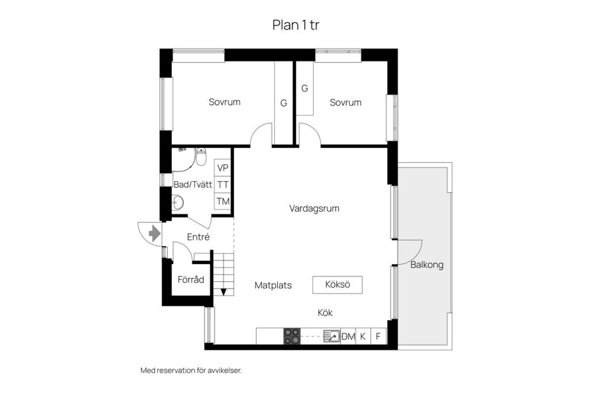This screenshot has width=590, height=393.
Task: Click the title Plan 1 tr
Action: click(295, 25)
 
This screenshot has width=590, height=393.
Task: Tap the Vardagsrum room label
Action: click(314, 209)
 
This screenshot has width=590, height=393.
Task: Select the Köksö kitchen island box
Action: click(337, 285)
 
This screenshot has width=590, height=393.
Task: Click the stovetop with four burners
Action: click(292, 336)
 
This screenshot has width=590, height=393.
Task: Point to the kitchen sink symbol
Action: click(331, 336)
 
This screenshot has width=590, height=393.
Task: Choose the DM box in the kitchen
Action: click(348, 336)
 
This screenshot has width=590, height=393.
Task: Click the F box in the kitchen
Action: click(379, 336)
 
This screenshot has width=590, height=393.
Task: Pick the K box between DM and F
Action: click(363, 336)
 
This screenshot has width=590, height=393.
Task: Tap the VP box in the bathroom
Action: click(222, 168)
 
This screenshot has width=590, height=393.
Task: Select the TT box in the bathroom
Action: click(222, 184)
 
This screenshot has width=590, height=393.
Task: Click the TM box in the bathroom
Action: click(222, 201)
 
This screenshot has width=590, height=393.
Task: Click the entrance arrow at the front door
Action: click(154, 233)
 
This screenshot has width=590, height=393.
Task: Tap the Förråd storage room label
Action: click(191, 279)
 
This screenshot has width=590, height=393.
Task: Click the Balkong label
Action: click(427, 265)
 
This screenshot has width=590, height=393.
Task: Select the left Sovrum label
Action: click(224, 102)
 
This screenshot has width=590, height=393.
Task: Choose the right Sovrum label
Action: click(345, 103)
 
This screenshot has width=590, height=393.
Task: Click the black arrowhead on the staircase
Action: click(224, 292)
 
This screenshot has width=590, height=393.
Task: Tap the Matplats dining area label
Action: click(273, 286)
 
